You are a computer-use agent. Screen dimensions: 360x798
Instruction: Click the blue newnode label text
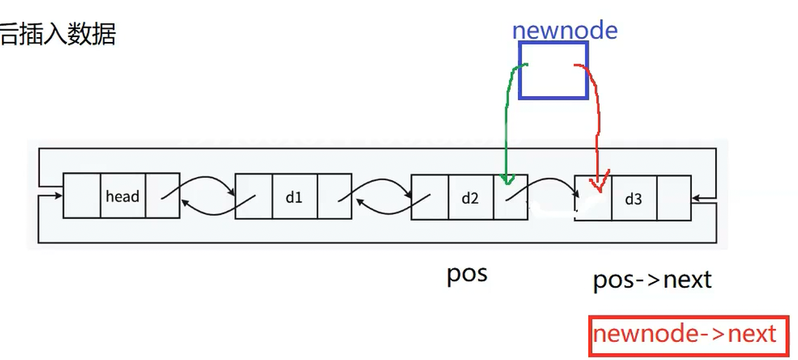point(564,30)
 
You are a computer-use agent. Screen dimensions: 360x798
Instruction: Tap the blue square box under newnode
point(553,69)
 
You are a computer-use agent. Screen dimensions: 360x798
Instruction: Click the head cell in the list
point(122,196)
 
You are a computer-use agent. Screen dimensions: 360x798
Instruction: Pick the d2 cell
point(470,198)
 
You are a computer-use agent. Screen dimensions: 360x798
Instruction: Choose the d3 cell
point(633,199)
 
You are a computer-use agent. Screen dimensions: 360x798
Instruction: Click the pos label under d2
point(467,274)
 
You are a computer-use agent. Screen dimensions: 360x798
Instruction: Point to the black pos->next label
point(652,280)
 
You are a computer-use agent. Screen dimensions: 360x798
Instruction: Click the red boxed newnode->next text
point(684,334)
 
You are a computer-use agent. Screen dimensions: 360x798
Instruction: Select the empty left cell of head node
point(81,196)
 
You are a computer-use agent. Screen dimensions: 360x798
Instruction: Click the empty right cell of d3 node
point(673,199)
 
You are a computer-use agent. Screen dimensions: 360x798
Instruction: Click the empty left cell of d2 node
point(429,198)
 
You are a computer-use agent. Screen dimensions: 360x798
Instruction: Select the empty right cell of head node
point(163,196)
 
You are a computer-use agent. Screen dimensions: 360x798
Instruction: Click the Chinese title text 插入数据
point(67,33)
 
